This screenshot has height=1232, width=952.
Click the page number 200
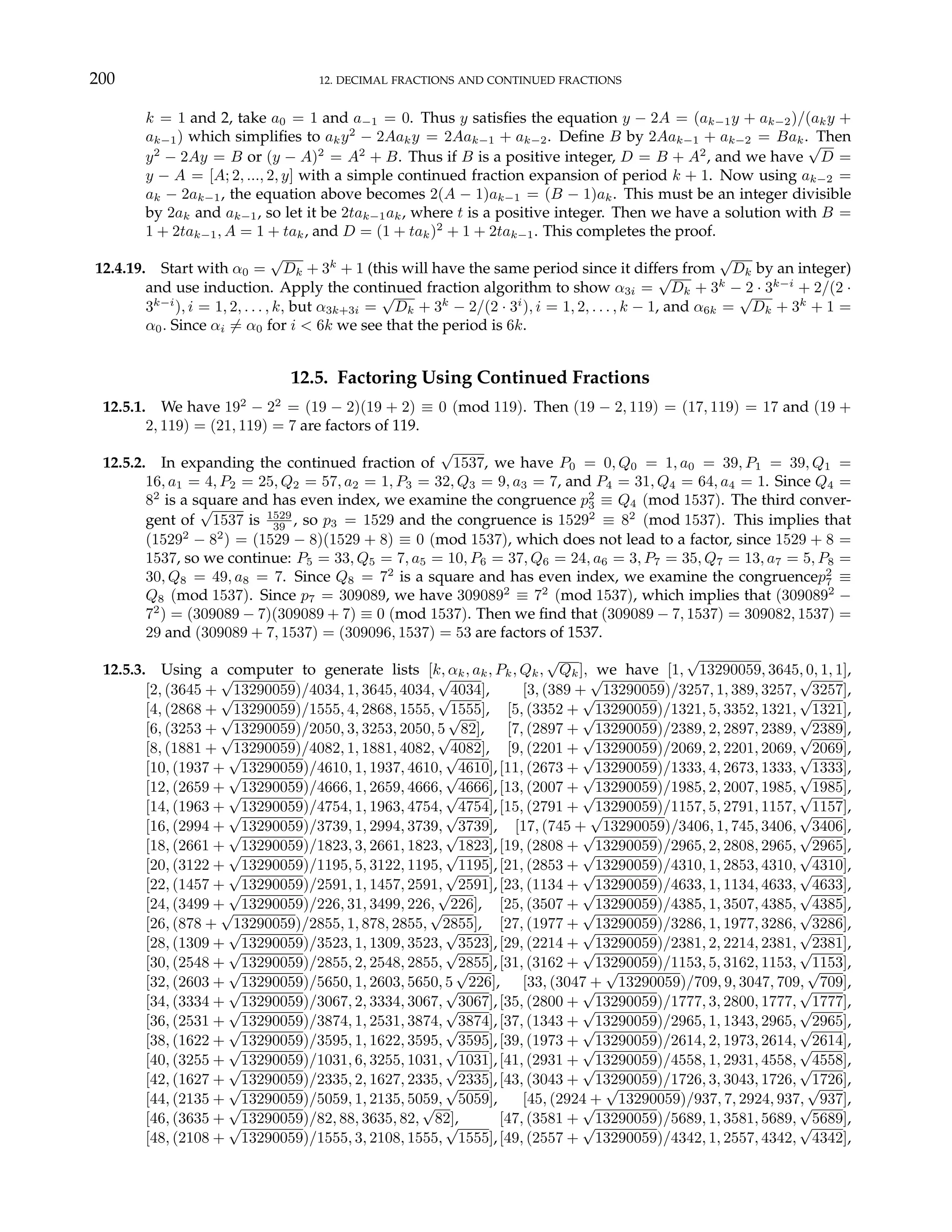point(102,79)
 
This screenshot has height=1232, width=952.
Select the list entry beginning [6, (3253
point(314,729)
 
